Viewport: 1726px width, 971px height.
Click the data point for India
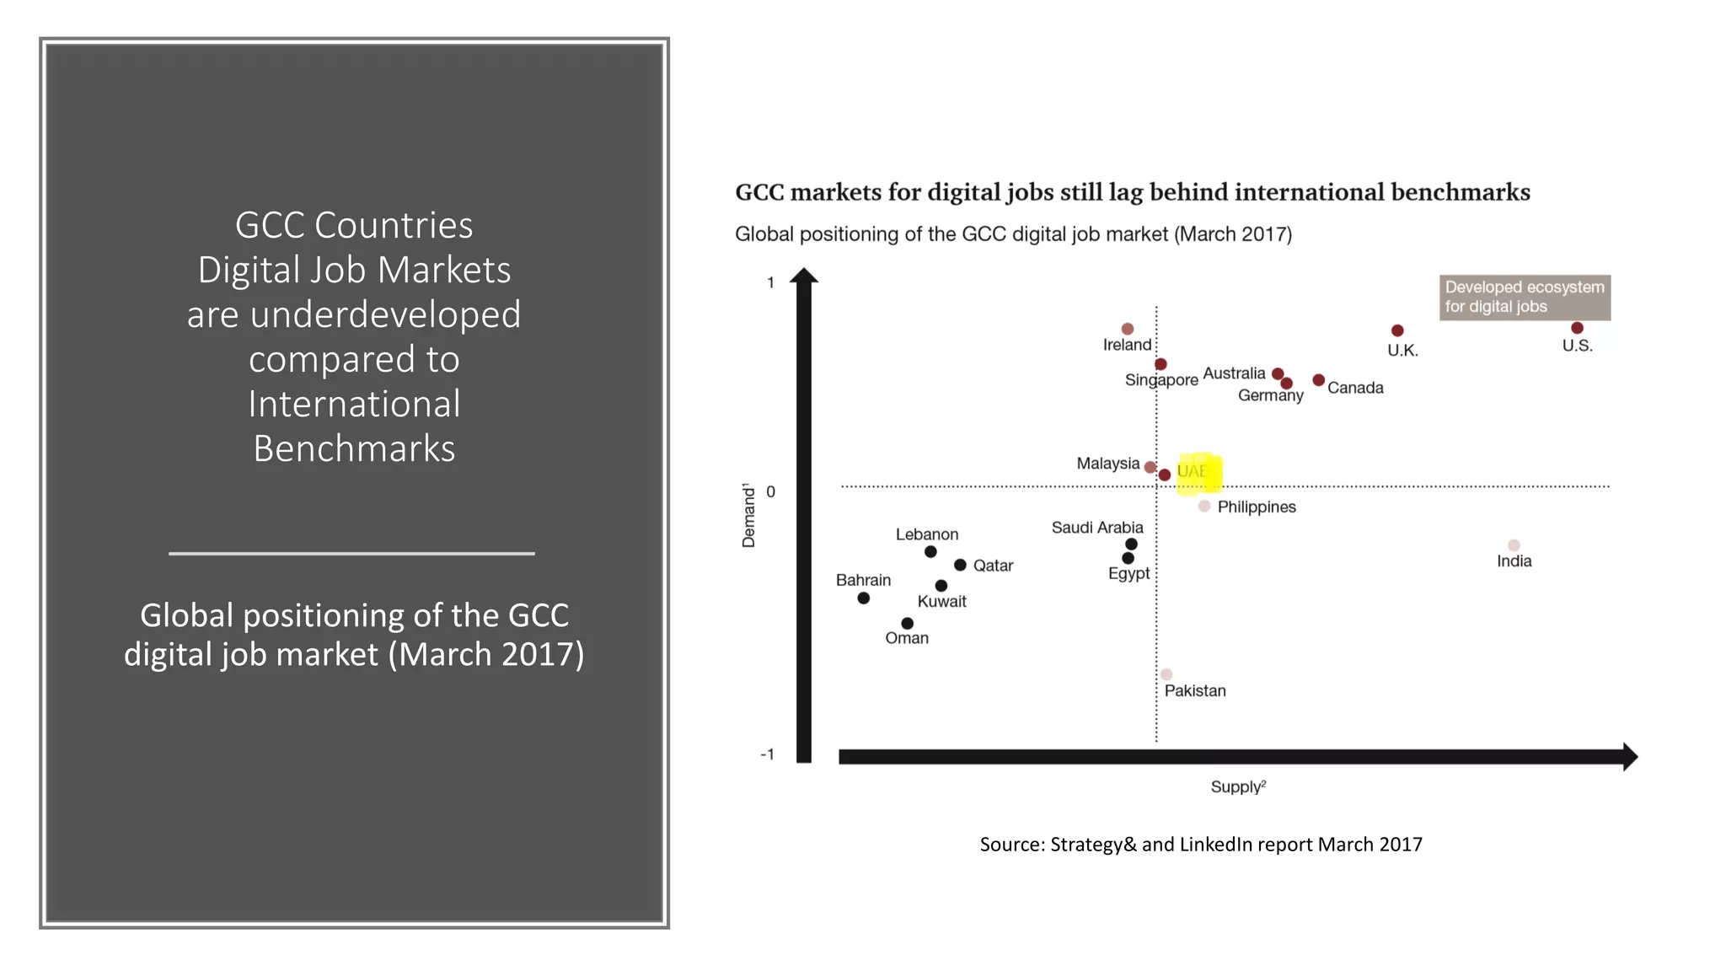tap(1514, 545)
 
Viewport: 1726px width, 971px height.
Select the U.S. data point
tap(1577, 328)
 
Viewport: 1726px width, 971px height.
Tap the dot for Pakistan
tap(1166, 674)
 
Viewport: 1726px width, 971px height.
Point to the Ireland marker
tap(1128, 329)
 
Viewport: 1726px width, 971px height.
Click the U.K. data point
tap(1397, 330)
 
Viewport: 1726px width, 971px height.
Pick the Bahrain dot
tap(863, 598)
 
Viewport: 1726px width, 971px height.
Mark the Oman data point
tap(907, 624)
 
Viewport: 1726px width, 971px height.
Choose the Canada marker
tap(1319, 380)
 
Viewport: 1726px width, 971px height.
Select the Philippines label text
tap(1257, 507)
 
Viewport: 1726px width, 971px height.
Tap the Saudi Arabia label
tap(1097, 528)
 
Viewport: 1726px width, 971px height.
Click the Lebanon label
tap(927, 534)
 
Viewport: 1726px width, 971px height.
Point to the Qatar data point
tap(960, 565)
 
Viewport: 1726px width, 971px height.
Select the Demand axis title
tap(748, 516)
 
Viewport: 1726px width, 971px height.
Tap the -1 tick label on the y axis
tap(767, 754)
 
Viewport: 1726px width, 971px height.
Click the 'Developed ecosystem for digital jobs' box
tap(1525, 298)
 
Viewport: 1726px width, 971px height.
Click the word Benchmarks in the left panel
tap(354, 449)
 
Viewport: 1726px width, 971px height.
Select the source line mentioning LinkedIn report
tap(1201, 845)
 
